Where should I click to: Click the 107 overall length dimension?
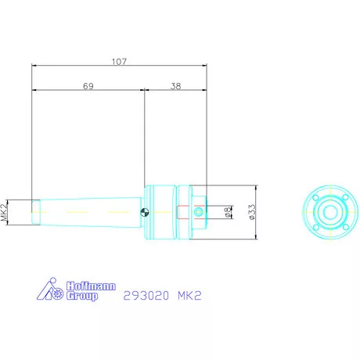tap(118, 60)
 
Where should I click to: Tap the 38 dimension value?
tap(175, 88)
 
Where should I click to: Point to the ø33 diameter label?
tap(251, 211)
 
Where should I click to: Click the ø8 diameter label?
tap(227, 211)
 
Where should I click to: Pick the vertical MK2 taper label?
tap(5, 212)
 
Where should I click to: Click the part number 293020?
tap(146, 297)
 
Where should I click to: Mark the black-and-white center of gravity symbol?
tap(146, 211)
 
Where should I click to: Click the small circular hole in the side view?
tap(199, 211)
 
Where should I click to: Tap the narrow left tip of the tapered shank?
tap(35, 212)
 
